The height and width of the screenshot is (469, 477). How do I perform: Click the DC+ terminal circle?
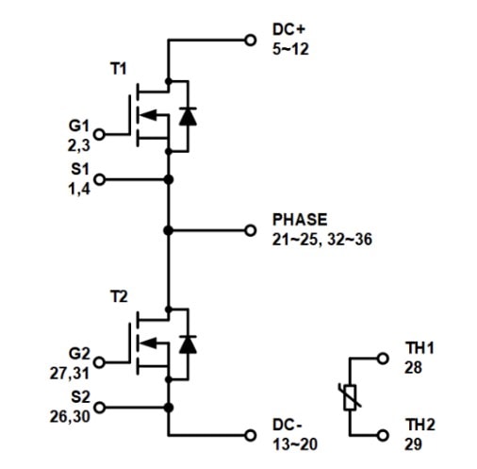(250, 41)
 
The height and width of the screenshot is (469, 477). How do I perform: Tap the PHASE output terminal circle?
(250, 230)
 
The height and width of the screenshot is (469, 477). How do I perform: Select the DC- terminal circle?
(250, 435)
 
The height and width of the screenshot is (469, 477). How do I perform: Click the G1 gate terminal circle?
(99, 134)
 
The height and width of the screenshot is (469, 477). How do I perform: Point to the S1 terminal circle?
(99, 179)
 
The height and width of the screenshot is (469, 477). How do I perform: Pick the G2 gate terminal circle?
(99, 362)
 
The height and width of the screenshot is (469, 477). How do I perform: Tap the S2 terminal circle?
(99, 408)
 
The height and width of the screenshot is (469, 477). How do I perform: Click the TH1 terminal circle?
(383, 359)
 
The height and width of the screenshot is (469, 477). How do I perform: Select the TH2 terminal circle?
(383, 435)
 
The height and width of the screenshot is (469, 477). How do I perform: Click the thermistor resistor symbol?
(350, 397)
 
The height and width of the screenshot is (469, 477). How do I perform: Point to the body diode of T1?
(188, 116)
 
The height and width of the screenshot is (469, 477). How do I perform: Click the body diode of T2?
(188, 344)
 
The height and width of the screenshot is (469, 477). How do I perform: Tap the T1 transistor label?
(119, 69)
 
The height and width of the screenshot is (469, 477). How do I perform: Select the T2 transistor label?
(119, 296)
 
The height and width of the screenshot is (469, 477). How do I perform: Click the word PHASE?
(300, 220)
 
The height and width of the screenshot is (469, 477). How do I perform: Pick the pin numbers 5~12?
(290, 49)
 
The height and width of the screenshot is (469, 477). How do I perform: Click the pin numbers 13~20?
(295, 444)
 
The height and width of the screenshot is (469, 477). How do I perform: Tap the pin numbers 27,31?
(70, 374)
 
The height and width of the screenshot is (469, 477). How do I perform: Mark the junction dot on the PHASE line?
(169, 230)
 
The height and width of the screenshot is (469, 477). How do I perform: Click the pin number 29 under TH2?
(413, 444)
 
